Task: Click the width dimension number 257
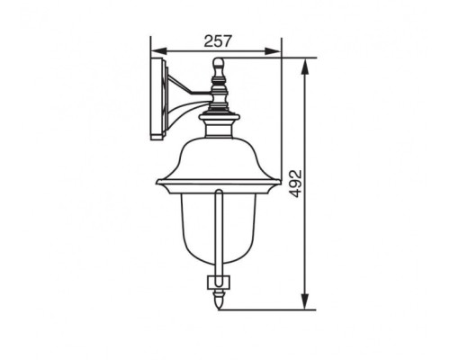click(x=218, y=40)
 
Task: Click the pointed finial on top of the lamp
click(x=217, y=65)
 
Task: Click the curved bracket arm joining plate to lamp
click(x=184, y=103)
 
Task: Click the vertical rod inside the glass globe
click(x=218, y=234)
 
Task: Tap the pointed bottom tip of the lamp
click(x=218, y=306)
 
